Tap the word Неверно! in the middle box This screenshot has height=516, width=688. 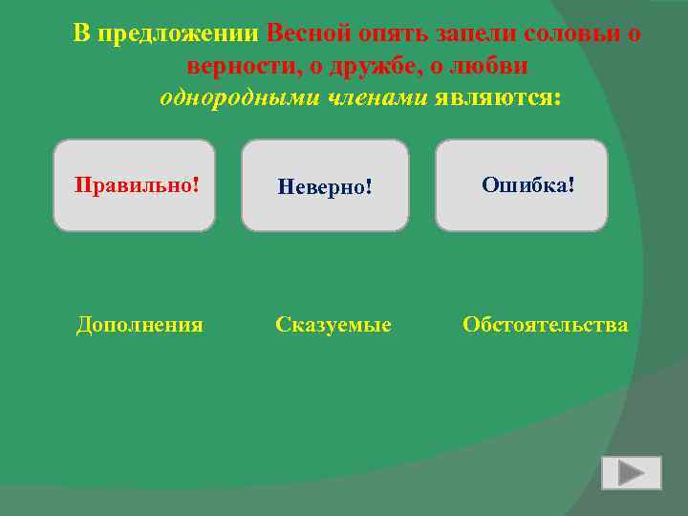pos(324,186)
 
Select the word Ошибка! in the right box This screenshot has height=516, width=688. pos(527,183)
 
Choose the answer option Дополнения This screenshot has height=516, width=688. pos(140,325)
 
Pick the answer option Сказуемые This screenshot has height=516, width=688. pos(333,325)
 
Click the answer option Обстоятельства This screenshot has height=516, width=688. pos(546,325)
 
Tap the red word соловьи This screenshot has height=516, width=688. pos(572,34)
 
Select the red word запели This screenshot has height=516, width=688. pos(476,34)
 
